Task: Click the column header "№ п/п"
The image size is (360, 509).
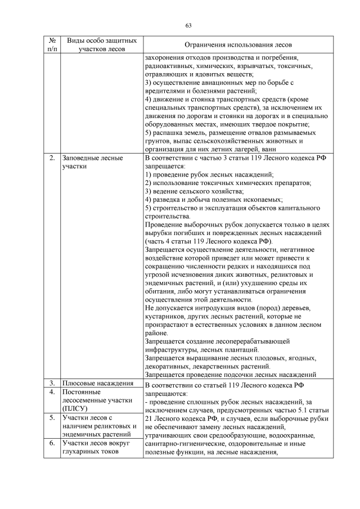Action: tap(52, 45)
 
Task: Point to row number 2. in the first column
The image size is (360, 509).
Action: tap(52, 159)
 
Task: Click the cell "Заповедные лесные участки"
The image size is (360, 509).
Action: tap(92, 163)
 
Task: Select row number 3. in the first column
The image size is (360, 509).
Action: tap(52, 384)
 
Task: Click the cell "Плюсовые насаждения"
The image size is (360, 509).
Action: tap(97, 384)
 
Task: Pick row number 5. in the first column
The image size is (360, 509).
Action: tap(52, 418)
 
